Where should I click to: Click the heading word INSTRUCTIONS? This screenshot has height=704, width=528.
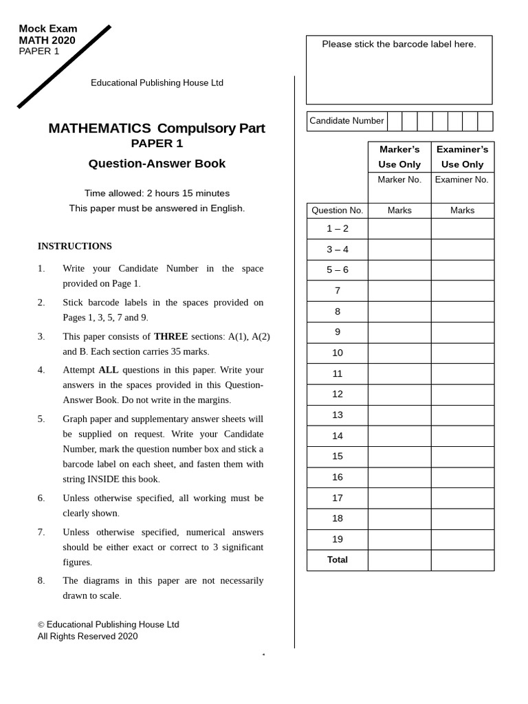(74, 246)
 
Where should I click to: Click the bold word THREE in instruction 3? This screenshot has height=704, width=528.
(170, 336)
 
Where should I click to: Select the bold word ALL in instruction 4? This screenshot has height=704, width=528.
(109, 370)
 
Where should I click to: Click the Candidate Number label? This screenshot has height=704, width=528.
(346, 121)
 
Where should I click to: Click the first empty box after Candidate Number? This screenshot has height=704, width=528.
(395, 121)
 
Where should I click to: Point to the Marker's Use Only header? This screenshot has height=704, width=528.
(399, 157)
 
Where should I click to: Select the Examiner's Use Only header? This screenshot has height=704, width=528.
(462, 157)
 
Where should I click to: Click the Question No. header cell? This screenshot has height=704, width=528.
(337, 210)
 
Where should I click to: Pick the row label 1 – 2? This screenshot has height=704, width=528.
(337, 229)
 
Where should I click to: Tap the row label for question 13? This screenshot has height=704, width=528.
(337, 415)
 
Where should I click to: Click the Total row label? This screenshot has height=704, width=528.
(337, 560)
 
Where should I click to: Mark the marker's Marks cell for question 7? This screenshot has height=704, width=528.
(399, 291)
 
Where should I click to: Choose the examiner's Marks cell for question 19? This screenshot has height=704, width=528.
(462, 540)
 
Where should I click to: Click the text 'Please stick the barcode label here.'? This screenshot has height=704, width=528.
(399, 44)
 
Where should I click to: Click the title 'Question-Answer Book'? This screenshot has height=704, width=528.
(157, 164)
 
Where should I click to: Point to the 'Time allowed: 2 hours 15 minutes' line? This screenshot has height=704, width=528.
(157, 193)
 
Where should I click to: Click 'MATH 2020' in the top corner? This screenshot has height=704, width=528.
(47, 41)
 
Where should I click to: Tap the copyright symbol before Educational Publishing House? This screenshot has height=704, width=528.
(41, 625)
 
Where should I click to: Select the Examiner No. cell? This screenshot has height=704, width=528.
(462, 180)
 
